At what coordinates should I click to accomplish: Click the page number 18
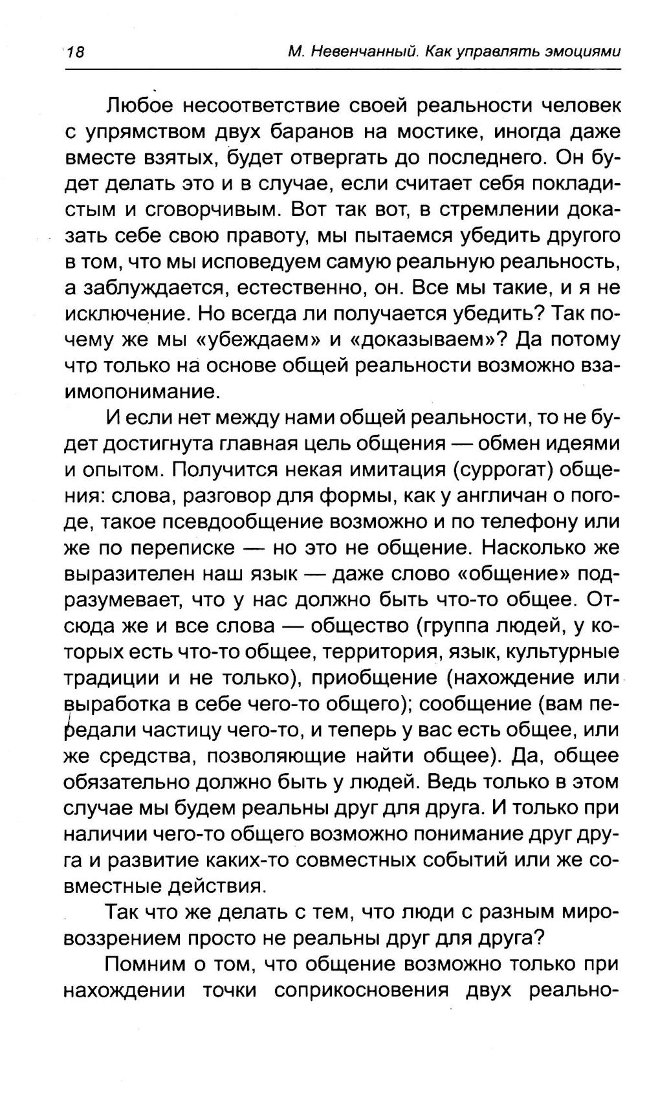coord(75,52)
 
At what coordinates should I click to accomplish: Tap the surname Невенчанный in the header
coord(364,52)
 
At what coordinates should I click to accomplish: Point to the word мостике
coord(435,131)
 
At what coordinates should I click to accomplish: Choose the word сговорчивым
coord(204,210)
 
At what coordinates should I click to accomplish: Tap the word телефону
coord(523,522)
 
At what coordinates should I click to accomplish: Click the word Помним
coord(146,965)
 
